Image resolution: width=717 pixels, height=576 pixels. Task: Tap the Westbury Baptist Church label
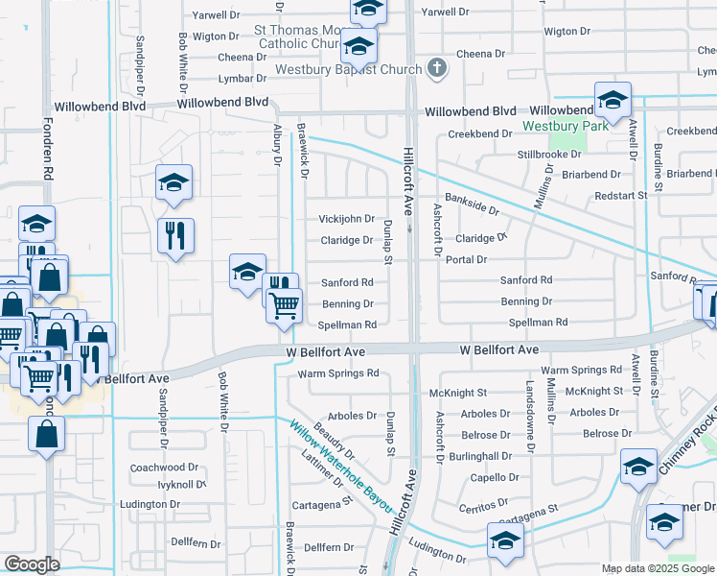tap(348, 69)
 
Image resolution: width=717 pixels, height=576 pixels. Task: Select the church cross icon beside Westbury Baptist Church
tap(437, 68)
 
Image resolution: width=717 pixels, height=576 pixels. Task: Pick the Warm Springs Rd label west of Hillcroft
tap(339, 373)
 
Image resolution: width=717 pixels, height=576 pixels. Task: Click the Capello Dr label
tap(494, 477)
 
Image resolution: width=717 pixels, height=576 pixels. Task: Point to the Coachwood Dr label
tap(164, 468)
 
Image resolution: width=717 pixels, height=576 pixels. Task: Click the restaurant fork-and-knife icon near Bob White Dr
tap(175, 236)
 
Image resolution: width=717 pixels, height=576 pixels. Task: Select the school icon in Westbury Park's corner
tap(613, 100)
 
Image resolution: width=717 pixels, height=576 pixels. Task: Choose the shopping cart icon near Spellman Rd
tap(284, 305)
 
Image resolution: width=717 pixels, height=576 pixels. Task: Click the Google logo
tap(32, 564)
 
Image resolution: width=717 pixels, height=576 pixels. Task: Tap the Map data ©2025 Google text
tap(657, 568)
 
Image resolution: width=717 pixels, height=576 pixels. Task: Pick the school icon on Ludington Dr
tap(505, 541)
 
